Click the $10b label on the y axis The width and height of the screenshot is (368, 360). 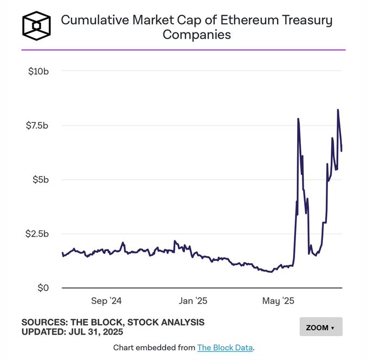39,71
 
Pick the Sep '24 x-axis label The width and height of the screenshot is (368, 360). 107,300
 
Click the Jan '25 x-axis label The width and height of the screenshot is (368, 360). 193,300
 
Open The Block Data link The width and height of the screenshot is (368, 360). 225,347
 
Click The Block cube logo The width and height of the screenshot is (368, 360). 36,25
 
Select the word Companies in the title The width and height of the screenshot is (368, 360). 196,35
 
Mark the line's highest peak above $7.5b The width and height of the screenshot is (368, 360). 338,110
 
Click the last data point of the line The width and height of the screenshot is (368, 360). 341,150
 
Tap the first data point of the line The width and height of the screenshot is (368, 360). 63,253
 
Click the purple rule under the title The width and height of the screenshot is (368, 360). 183,50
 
